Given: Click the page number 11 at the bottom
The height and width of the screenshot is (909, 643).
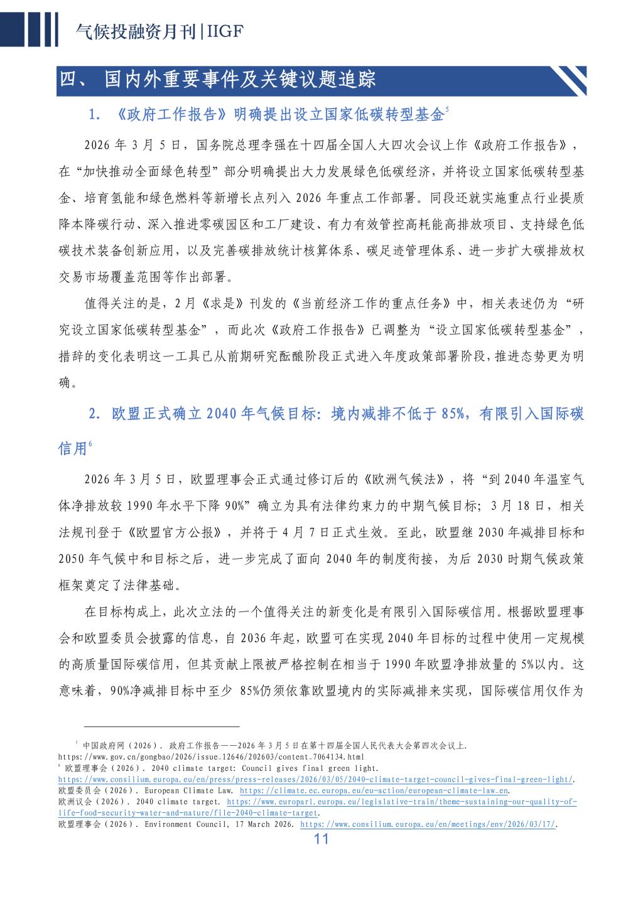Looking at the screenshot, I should [x=321, y=839].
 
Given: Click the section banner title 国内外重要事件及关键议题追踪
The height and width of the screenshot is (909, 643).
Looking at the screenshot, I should [x=240, y=81].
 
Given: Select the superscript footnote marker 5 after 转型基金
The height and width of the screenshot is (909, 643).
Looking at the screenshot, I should [x=447, y=109].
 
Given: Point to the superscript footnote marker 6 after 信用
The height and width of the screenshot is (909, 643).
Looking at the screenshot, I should [x=90, y=444].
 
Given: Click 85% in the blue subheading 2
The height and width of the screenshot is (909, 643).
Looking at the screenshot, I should [x=455, y=414].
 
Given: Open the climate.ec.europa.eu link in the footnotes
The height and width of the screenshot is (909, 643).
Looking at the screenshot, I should [x=374, y=790].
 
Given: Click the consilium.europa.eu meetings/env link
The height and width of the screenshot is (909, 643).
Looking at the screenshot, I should [x=429, y=824].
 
